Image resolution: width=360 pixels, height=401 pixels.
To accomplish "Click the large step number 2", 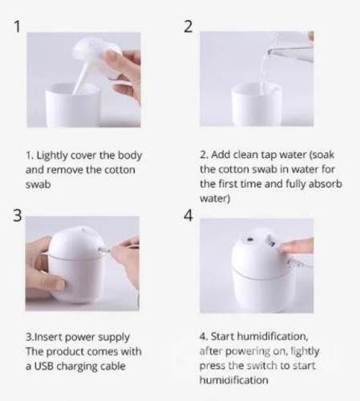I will coord(188,26).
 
